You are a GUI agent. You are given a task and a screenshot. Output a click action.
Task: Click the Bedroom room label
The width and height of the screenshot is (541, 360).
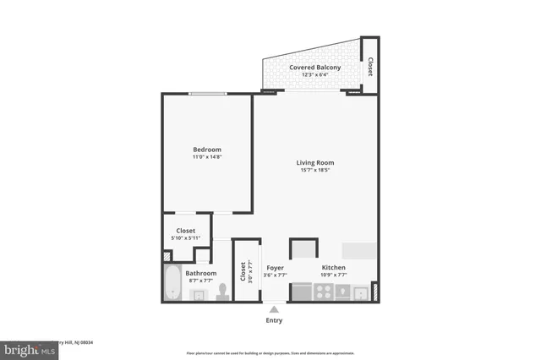(207, 150)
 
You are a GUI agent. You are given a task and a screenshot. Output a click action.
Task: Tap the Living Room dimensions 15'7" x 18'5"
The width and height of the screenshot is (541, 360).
(315, 171)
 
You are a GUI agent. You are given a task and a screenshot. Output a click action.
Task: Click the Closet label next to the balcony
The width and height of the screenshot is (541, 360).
(369, 65)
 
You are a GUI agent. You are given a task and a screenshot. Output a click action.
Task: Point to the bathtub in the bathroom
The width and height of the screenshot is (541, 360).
(172, 283)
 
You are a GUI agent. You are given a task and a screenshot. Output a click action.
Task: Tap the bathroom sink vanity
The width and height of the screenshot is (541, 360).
(199, 294)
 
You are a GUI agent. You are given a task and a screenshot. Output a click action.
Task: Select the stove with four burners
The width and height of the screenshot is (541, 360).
(325, 292)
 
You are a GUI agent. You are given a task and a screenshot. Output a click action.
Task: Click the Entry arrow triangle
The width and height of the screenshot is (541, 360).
(274, 308)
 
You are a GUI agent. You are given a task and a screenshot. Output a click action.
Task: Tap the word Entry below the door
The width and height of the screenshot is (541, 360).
(274, 320)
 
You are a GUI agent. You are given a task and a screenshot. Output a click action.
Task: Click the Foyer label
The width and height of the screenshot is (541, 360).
(275, 267)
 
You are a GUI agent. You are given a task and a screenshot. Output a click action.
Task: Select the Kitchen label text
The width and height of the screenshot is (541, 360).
(334, 267)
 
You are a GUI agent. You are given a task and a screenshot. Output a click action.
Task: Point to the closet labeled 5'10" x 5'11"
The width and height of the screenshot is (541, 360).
(186, 234)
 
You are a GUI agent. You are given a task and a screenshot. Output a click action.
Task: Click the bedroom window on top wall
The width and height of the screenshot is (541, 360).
(207, 94)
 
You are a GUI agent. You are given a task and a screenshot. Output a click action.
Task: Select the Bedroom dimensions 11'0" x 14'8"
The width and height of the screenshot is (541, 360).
(207, 157)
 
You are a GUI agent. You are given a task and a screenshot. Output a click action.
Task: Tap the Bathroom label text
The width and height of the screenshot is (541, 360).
(201, 273)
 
